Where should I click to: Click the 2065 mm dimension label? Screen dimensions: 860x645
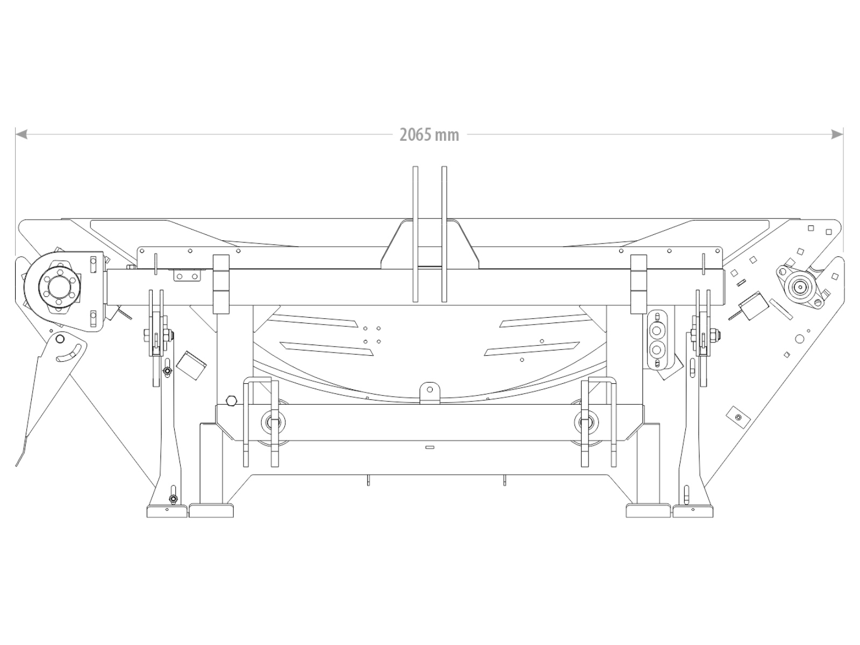click(429, 135)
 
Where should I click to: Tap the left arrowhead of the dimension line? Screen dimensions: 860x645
click(21, 135)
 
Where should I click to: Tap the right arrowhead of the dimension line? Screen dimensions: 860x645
click(837, 135)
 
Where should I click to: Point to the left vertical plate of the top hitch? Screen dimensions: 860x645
click(415, 234)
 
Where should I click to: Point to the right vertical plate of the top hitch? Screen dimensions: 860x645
click(444, 234)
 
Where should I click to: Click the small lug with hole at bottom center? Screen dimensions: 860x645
click(430, 393)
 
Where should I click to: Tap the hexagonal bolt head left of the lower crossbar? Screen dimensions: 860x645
click(231, 400)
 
